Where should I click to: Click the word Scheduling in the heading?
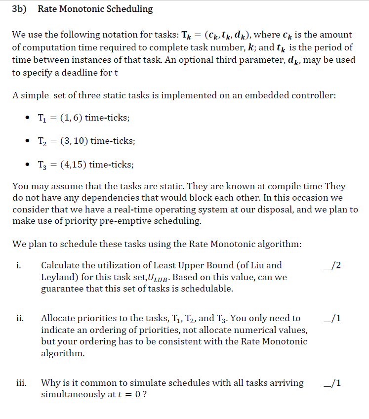pos(129,9)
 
